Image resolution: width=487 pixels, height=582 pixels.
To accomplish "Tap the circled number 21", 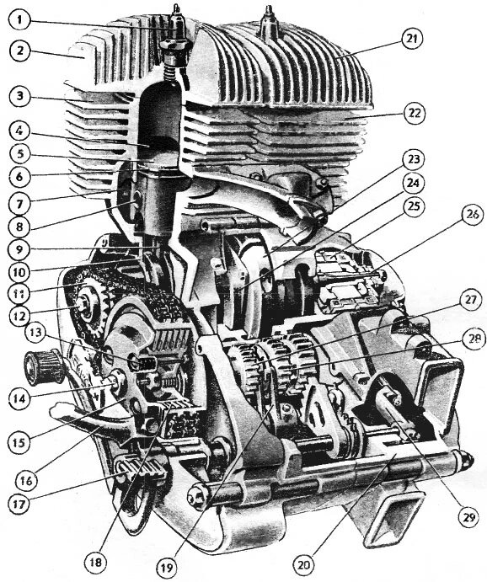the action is (x=412, y=39).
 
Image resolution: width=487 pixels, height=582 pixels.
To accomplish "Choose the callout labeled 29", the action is (x=469, y=516).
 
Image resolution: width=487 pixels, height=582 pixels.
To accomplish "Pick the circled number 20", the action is (x=304, y=564).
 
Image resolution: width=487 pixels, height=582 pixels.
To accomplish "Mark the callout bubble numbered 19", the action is (x=167, y=567).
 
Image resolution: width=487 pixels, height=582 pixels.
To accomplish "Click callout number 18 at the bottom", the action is (x=95, y=562).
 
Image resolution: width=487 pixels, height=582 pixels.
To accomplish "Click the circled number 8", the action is (x=19, y=227).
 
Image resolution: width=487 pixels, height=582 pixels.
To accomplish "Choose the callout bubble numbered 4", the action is (x=19, y=131).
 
